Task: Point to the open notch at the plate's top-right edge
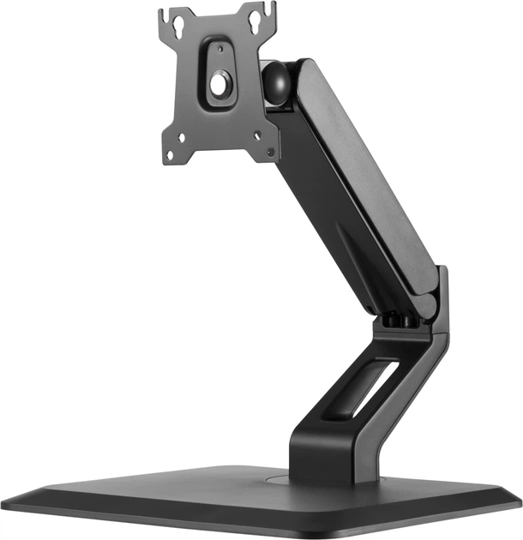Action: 272,9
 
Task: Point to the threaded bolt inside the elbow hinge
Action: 400,320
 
